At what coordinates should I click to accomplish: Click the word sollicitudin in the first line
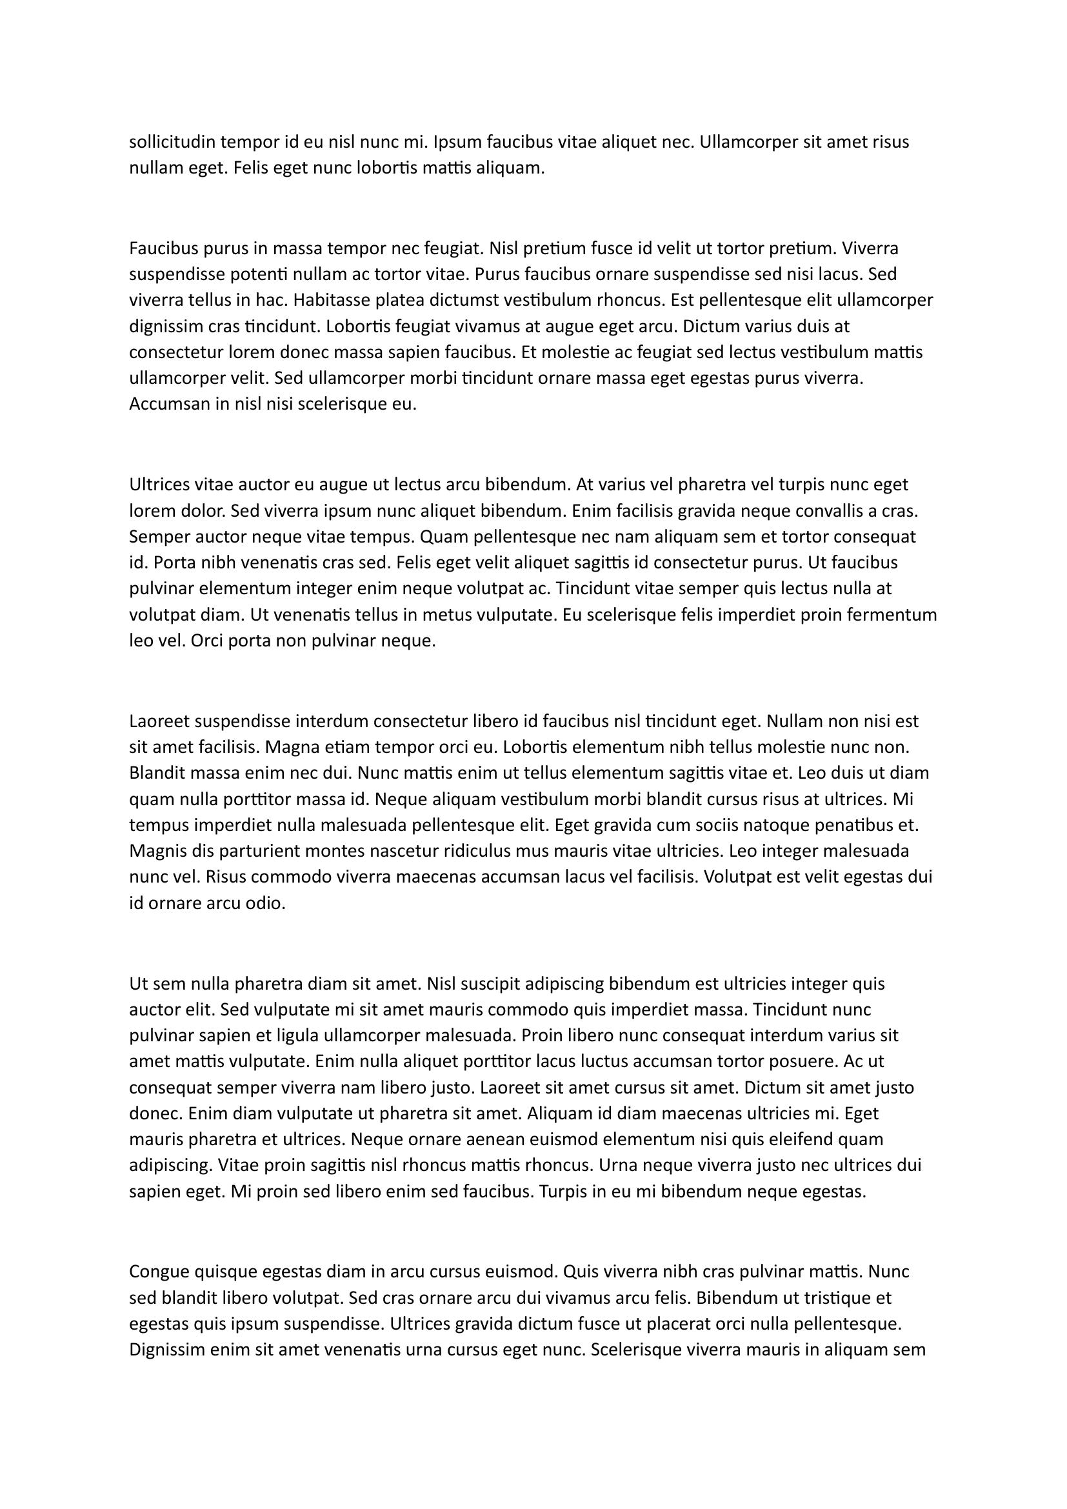pos(172,142)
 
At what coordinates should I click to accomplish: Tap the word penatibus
pos(865,826)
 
